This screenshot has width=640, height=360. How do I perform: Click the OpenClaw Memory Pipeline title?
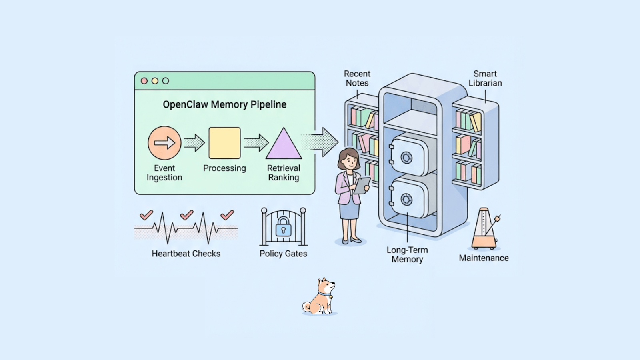tap(224, 104)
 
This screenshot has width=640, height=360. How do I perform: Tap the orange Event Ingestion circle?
tap(164, 143)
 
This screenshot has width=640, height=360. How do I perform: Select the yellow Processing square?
tap(224, 143)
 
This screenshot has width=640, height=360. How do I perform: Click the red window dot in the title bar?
tap(144, 81)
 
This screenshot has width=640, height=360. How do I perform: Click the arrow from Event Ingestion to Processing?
tap(194, 143)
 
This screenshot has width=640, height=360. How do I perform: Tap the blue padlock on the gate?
tap(283, 227)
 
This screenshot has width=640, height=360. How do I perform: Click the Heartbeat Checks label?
tap(186, 254)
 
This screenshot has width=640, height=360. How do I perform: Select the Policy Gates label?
tap(283, 254)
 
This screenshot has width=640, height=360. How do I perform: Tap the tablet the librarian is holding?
tap(362, 185)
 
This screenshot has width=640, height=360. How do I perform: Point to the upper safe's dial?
tap(406, 158)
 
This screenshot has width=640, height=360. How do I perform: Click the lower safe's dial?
tap(406, 199)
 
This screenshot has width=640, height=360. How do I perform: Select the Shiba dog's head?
tap(326, 286)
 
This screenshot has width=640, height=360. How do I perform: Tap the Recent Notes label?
tap(357, 78)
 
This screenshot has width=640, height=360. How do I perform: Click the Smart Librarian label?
tap(485, 78)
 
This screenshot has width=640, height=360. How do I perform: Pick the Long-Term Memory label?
tap(407, 254)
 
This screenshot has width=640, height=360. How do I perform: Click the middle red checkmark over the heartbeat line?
tap(187, 215)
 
